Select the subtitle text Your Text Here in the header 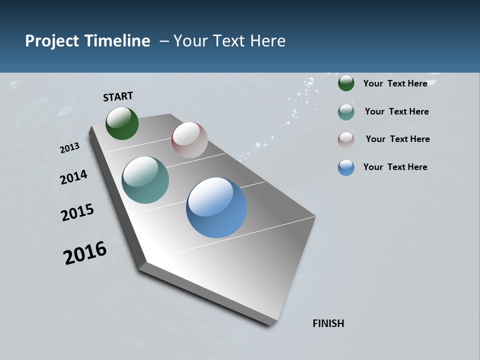point(229,41)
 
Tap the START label point(118,96)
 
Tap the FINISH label point(328,323)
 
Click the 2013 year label point(69,148)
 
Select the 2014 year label point(73,177)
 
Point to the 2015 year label point(77,212)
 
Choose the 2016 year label point(85,253)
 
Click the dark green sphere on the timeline point(122,123)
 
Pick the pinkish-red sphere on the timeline point(189,140)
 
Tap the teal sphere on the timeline point(145,180)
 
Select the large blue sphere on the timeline point(216,207)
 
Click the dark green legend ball point(346,83)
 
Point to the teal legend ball point(346,112)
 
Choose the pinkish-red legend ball point(346,139)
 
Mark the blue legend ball point(346,167)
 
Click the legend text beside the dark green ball point(395,83)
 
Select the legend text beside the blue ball point(395,167)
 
